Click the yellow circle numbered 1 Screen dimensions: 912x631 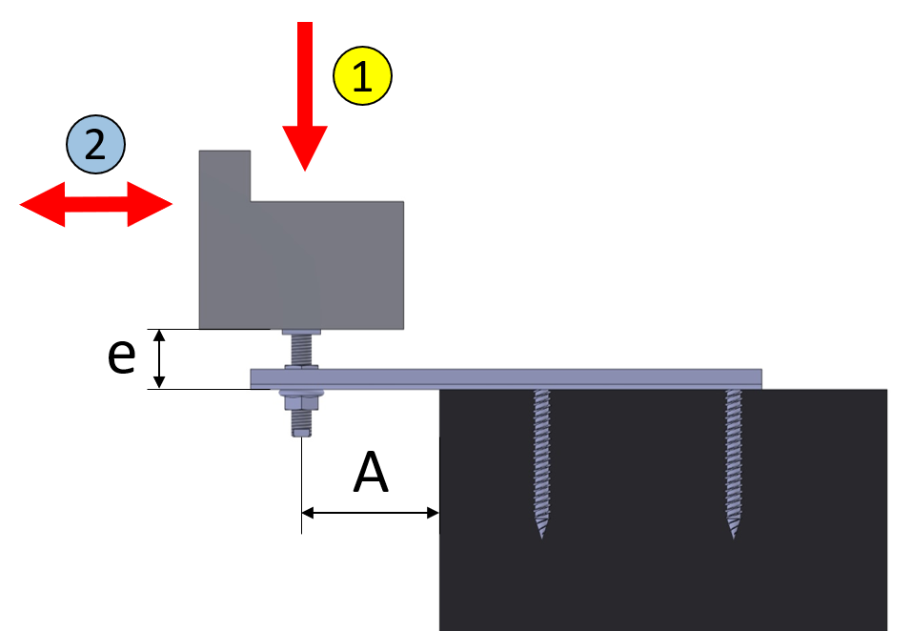coord(362,75)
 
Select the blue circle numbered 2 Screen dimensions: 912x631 coord(95,144)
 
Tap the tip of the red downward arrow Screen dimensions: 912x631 coord(305,171)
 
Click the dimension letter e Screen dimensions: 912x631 coord(122,356)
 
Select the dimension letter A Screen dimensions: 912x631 coord(371,472)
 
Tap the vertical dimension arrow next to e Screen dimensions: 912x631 coord(159,358)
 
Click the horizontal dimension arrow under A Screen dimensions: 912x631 coord(371,513)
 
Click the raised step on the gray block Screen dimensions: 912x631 coord(225,175)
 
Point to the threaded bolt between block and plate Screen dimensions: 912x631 coord(301,350)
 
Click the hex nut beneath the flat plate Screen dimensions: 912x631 coord(301,402)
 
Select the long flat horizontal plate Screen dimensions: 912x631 coord(506,378)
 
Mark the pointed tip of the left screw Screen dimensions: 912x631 coord(541,538)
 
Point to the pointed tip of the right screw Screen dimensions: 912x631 coord(734,538)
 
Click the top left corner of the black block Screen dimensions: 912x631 coord(439,390)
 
